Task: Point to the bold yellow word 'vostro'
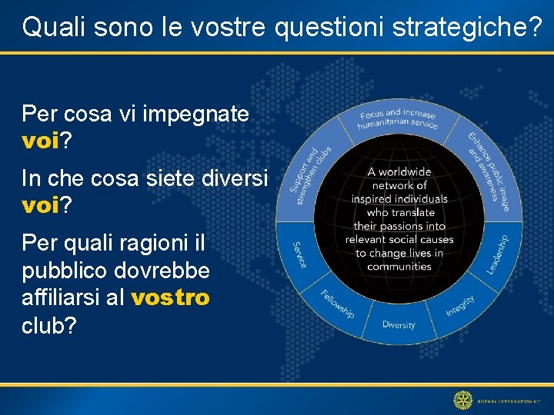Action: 171,298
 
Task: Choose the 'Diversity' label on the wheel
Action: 399,324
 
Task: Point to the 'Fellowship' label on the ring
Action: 337,303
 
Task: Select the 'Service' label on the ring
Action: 299,254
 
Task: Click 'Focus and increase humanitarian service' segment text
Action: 398,120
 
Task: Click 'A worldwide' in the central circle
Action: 399,172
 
